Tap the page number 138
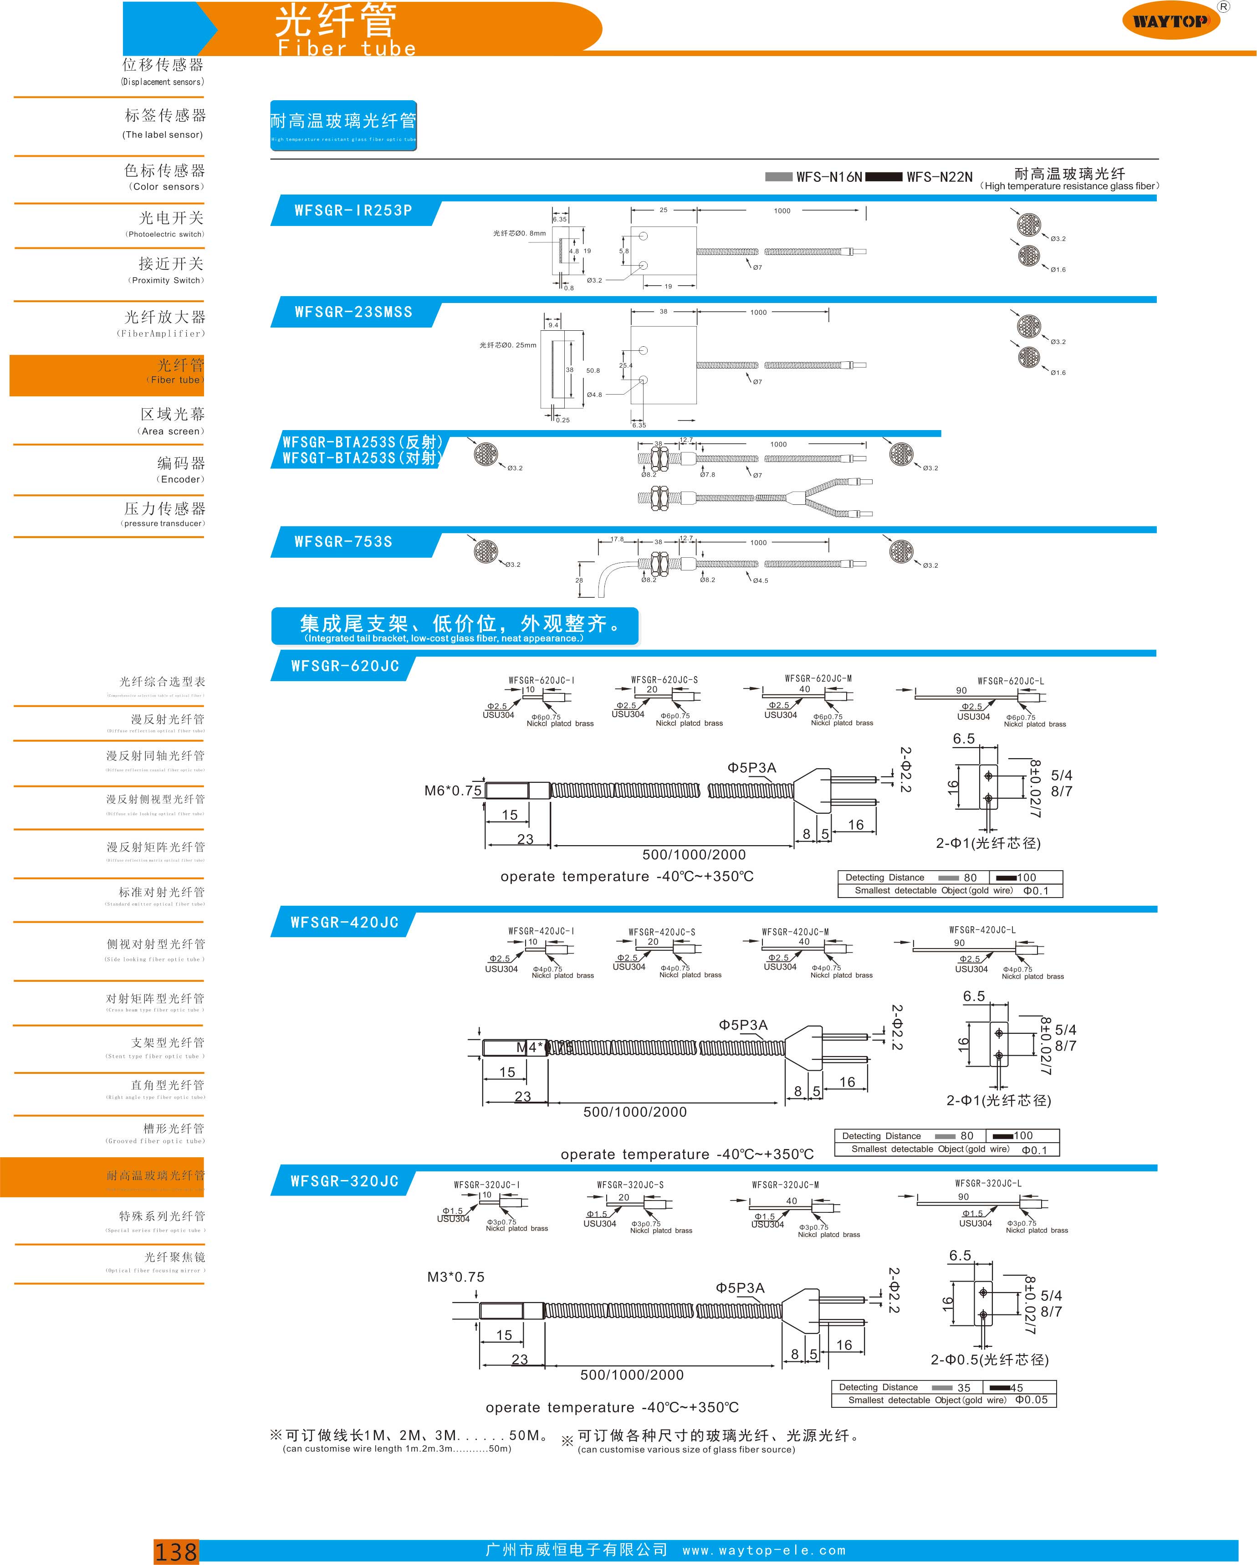176,1551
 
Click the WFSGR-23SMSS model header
353,312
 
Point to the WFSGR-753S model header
343,542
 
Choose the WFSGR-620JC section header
345,667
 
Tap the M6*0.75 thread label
453,790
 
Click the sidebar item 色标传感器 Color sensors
165,176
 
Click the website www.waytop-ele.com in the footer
764,1550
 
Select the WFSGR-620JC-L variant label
1010,681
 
